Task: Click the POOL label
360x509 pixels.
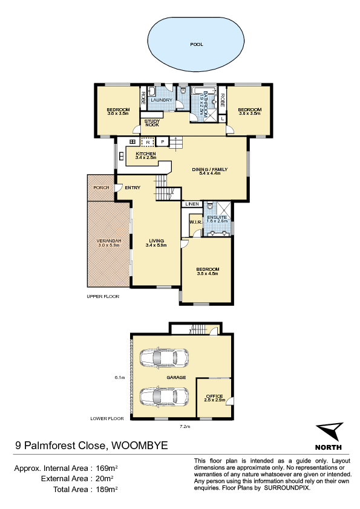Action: [x=197, y=45]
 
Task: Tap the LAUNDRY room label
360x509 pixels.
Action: [x=162, y=100]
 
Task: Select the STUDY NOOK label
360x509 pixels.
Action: [x=152, y=123]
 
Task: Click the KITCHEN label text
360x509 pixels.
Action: [x=146, y=154]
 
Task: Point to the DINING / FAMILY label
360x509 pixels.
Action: [x=209, y=169]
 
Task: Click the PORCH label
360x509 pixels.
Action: [x=101, y=187]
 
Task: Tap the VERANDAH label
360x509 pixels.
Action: [x=109, y=241]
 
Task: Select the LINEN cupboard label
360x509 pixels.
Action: [x=192, y=204]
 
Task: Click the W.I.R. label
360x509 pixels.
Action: [x=195, y=222]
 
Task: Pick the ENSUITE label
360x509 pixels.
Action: [x=217, y=217]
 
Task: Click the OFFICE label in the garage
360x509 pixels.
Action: [x=214, y=397]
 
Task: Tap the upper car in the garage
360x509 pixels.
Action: [x=164, y=358]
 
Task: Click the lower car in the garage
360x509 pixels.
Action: [x=164, y=397]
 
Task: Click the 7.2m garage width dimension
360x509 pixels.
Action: [x=185, y=427]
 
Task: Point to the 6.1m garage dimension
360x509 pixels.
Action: [x=119, y=378]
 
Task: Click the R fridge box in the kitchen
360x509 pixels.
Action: [x=148, y=142]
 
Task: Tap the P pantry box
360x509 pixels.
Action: [x=163, y=142]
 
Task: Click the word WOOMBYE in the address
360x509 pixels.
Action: [x=140, y=445]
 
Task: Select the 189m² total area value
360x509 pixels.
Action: [x=106, y=489]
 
